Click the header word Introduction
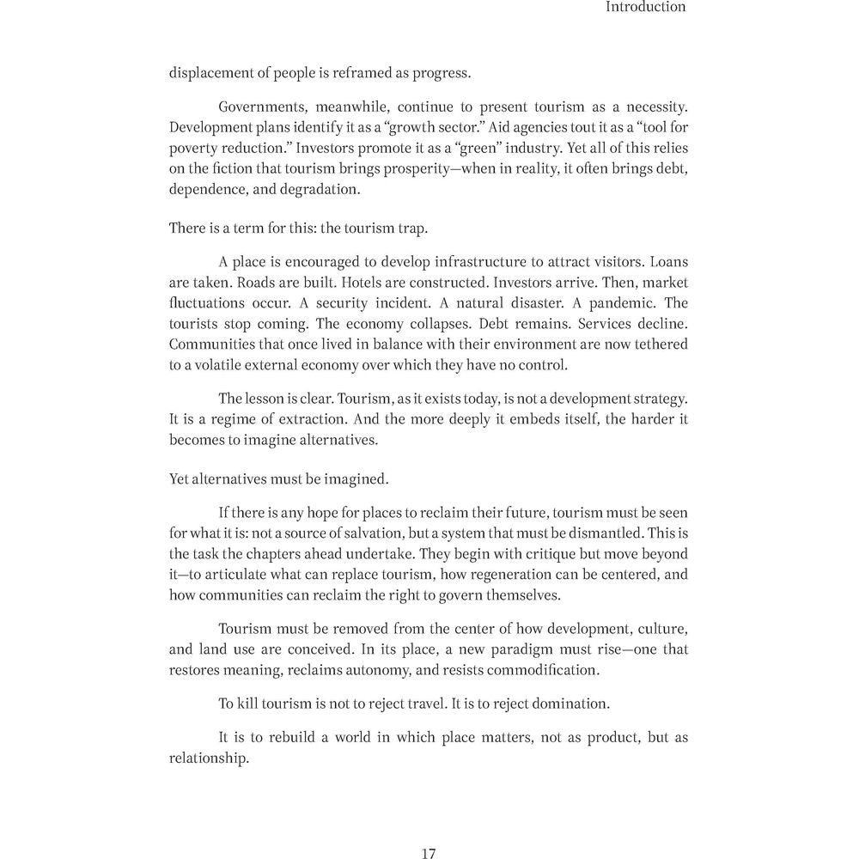click(645, 7)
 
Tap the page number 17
click(429, 853)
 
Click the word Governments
click(261, 107)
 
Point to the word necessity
click(652, 107)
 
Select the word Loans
click(668, 262)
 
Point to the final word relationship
click(209, 759)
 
